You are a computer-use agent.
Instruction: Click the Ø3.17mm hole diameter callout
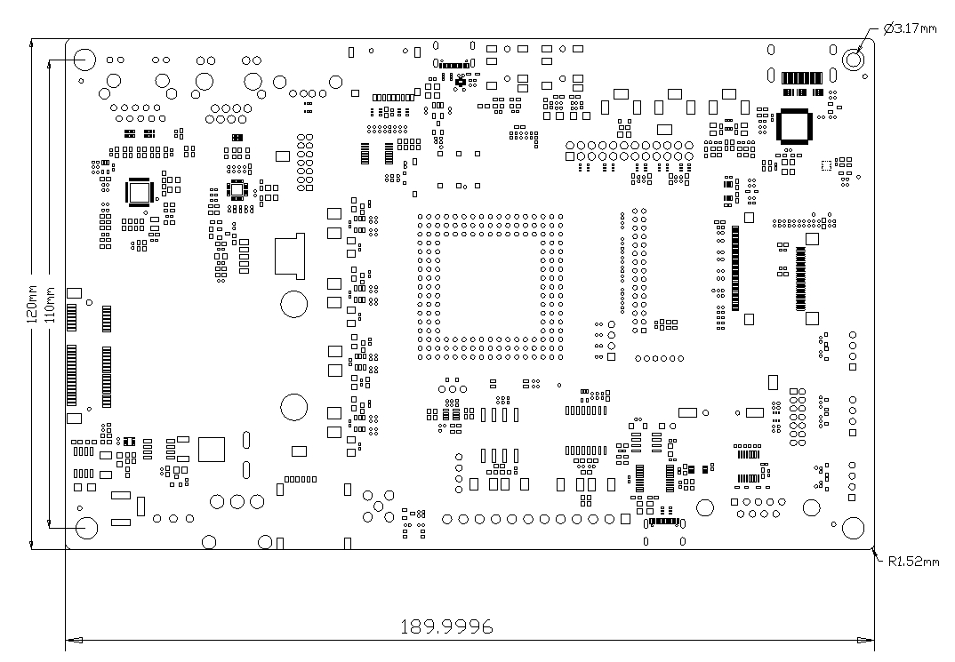pyautogui.click(x=910, y=28)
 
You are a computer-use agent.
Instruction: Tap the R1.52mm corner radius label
pyautogui.click(x=913, y=561)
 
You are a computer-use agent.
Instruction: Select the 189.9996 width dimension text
pyautogui.click(x=446, y=626)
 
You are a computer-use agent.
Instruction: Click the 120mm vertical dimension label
pyautogui.click(x=32, y=303)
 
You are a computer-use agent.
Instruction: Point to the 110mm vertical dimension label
pyautogui.click(x=50, y=304)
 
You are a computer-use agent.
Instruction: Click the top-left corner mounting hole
pyautogui.click(x=84, y=60)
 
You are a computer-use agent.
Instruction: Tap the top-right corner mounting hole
pyautogui.click(x=854, y=59)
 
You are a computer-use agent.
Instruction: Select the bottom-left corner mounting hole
pyautogui.click(x=86, y=528)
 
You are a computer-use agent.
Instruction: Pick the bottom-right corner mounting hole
pyautogui.click(x=853, y=528)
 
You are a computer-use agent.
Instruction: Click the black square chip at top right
pyautogui.click(x=793, y=126)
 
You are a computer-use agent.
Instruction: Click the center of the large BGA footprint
pyautogui.click(x=490, y=286)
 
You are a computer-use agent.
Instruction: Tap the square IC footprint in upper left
pyautogui.click(x=140, y=193)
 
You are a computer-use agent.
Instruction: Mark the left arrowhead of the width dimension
pyautogui.click(x=75, y=640)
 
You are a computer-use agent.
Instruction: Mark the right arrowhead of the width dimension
pyautogui.click(x=865, y=640)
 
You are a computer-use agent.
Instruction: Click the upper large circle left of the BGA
pyautogui.click(x=293, y=304)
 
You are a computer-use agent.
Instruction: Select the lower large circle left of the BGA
pyautogui.click(x=293, y=407)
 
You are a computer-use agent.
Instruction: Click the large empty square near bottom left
pyautogui.click(x=212, y=450)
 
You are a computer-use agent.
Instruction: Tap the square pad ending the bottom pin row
pyautogui.click(x=625, y=519)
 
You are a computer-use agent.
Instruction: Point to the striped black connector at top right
pyautogui.click(x=801, y=78)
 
